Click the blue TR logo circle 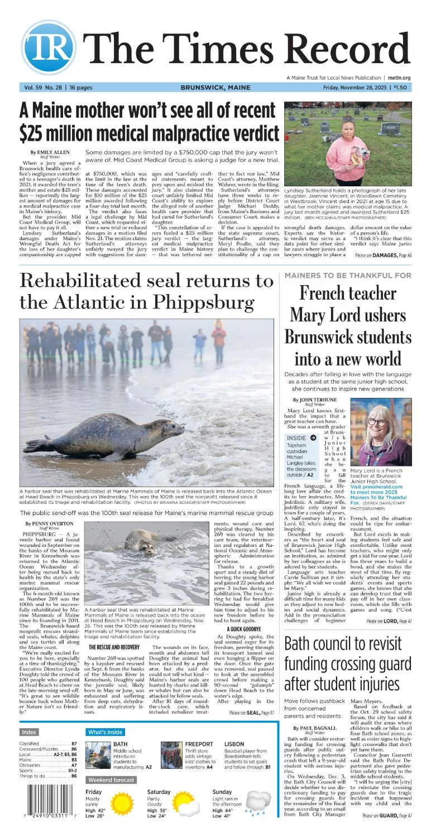pyautogui.click(x=49, y=48)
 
